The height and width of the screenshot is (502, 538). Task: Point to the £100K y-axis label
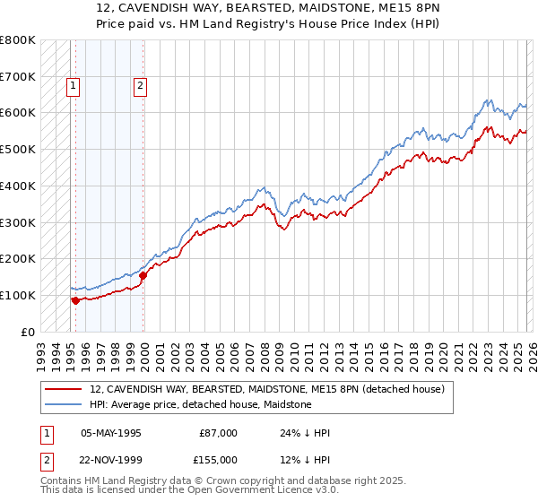click(17, 295)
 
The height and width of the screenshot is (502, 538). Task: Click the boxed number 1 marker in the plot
click(73, 87)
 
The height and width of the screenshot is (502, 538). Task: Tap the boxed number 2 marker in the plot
click(141, 87)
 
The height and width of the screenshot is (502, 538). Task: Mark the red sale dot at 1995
click(75, 300)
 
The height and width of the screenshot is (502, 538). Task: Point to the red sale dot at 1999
click(143, 275)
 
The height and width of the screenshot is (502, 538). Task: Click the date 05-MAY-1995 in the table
click(111, 433)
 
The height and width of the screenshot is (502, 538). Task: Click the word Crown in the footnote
click(214, 481)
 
